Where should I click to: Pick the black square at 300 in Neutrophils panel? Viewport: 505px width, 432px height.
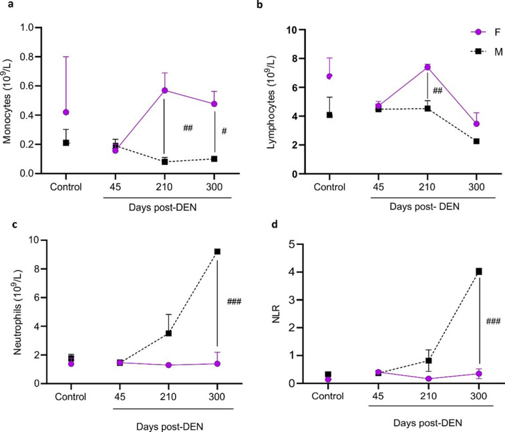click(x=198, y=252)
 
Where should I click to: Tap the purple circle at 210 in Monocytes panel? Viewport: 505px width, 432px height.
click(x=164, y=91)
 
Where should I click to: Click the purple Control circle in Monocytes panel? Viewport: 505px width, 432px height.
click(x=65, y=113)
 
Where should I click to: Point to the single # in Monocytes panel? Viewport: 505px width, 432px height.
click(x=224, y=132)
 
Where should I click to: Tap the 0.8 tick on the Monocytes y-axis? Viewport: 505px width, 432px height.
click(x=29, y=57)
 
